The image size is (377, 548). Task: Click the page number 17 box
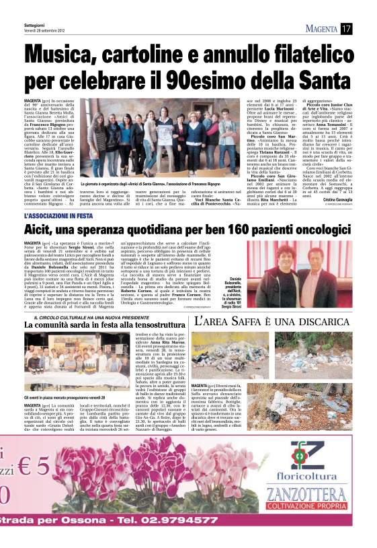346,28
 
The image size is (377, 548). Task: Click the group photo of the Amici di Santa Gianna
128,139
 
